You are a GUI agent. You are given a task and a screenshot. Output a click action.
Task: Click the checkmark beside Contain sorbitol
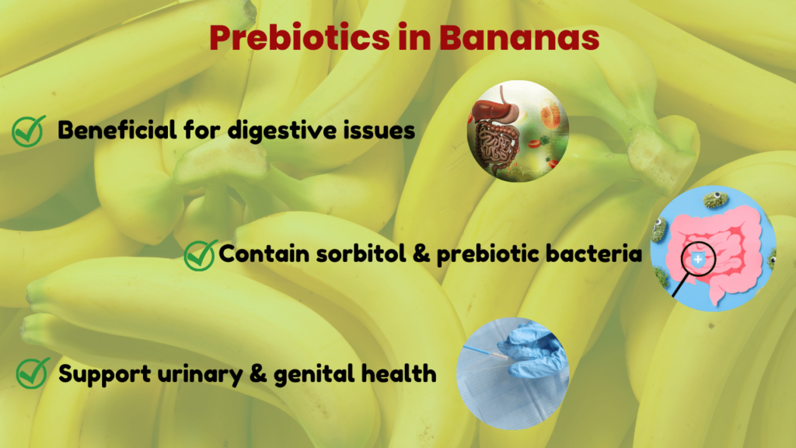tap(201, 254)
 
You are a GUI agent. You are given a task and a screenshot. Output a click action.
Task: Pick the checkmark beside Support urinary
tap(32, 373)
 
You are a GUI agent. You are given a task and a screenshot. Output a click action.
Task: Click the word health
tap(403, 373)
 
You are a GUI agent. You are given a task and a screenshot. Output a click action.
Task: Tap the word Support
tap(103, 373)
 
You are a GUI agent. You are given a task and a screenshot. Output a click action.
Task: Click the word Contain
tap(260, 254)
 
